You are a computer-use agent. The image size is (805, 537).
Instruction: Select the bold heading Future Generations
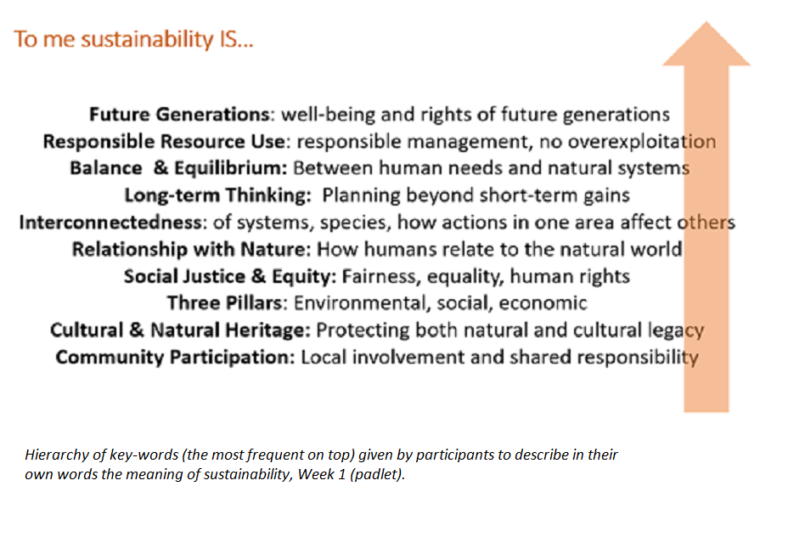[x=180, y=114]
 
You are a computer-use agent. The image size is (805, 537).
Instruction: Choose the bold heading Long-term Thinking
[x=217, y=195]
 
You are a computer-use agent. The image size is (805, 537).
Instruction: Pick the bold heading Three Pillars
[x=225, y=303]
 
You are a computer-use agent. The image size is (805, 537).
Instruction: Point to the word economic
[x=543, y=303]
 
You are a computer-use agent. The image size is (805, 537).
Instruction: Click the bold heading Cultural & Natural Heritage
[x=180, y=331]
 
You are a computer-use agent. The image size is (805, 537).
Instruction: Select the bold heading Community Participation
[x=176, y=358]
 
